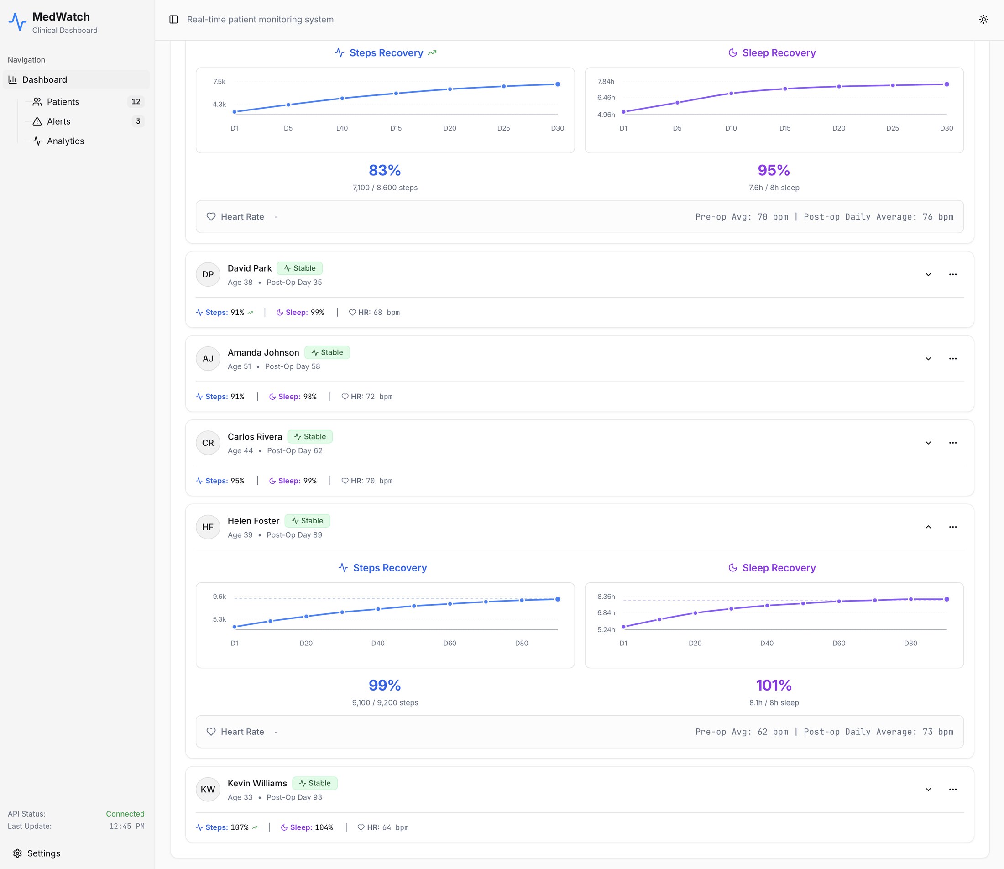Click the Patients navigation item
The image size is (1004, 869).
click(63, 102)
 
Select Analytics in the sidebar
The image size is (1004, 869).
click(65, 141)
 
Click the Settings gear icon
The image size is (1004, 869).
click(17, 853)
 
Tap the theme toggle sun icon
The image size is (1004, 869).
click(983, 19)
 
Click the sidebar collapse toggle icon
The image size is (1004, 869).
click(173, 19)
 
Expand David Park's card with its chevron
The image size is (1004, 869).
click(928, 274)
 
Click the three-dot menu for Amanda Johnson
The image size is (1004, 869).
click(952, 359)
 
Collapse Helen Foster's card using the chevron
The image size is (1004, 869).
click(928, 527)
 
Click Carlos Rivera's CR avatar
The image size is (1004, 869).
click(208, 443)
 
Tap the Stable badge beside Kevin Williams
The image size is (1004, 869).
click(314, 783)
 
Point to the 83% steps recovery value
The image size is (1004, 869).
click(385, 170)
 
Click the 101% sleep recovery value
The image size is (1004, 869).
click(774, 685)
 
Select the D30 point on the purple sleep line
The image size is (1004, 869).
click(946, 84)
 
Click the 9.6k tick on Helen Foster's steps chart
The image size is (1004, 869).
click(220, 597)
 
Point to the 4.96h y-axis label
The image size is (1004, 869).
click(606, 115)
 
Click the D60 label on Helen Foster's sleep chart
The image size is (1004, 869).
click(839, 643)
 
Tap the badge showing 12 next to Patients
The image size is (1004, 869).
click(136, 102)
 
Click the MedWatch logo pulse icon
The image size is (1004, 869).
click(17, 22)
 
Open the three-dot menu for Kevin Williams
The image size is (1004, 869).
click(952, 790)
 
